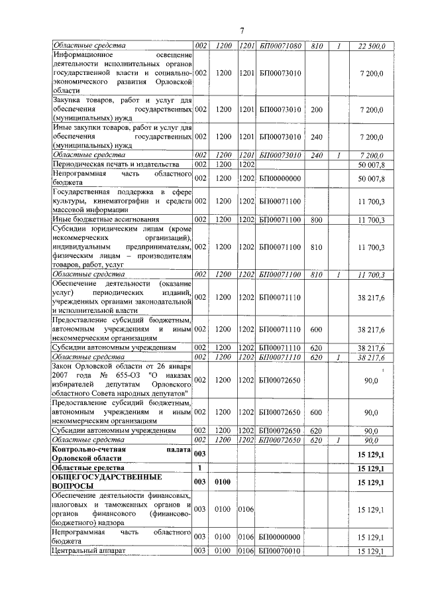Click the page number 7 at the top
point(242,30)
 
